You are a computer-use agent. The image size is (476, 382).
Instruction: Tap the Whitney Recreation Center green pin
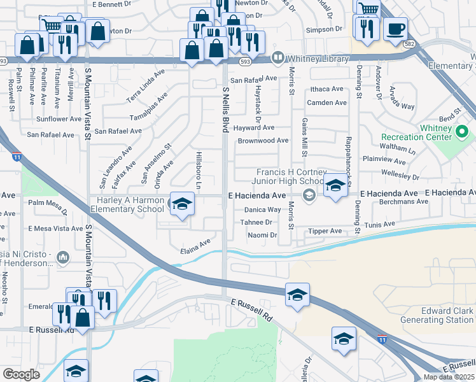pyautogui.click(x=463, y=132)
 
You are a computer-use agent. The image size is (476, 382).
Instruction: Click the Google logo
pyautogui.click(x=22, y=374)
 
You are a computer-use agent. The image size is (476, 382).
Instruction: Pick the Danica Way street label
pyautogui.click(x=263, y=209)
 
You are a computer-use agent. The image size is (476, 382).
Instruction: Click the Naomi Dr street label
pyautogui.click(x=262, y=235)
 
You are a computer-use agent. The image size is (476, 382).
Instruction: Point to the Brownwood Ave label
pyautogui.click(x=263, y=141)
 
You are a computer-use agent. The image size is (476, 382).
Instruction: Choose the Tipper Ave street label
pyautogui.click(x=325, y=231)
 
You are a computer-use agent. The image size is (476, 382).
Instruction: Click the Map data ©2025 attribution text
pyautogui.click(x=449, y=377)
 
